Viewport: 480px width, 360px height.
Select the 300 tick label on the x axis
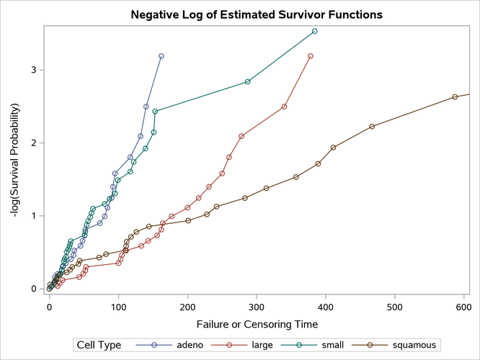(x=257, y=305)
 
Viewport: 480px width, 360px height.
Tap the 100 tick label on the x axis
(x=118, y=305)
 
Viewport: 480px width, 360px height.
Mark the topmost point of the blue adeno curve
(x=161, y=55)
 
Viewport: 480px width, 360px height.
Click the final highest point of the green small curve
(x=315, y=31)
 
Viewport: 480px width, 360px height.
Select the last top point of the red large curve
(x=311, y=55)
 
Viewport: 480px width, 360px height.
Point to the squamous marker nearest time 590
(x=455, y=97)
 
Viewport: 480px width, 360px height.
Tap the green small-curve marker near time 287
(x=248, y=82)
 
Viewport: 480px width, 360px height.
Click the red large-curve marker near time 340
(x=285, y=107)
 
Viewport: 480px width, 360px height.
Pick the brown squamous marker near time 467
(x=372, y=127)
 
